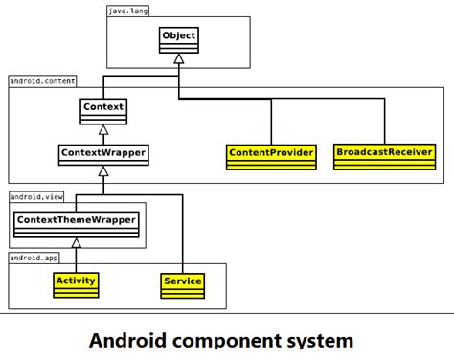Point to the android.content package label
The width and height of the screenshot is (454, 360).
click(42, 82)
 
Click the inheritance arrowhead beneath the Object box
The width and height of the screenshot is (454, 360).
click(178, 59)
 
